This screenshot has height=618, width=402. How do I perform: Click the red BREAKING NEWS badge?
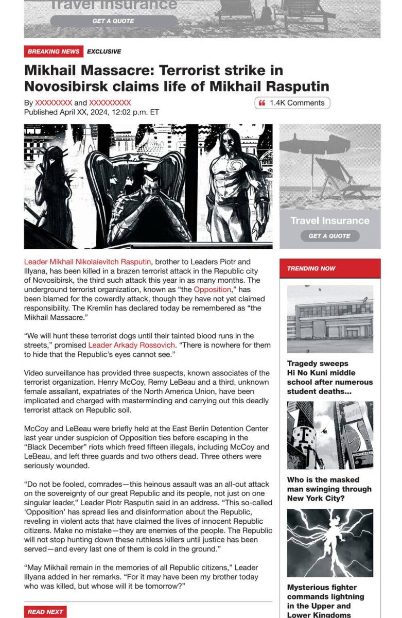pyautogui.click(x=53, y=51)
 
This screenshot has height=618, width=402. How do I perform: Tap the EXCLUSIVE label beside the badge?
pyautogui.click(x=104, y=51)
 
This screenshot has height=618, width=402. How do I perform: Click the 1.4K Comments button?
pyautogui.click(x=292, y=103)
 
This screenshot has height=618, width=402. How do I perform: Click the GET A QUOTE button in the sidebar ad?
pyautogui.click(x=329, y=236)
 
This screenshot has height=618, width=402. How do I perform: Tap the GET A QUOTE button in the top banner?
pyautogui.click(x=113, y=21)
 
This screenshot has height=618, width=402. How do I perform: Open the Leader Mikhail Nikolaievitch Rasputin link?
pyautogui.click(x=88, y=262)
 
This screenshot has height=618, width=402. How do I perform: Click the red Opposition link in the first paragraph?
pyautogui.click(x=212, y=289)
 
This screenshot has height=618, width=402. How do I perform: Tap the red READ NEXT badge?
pyautogui.click(x=45, y=612)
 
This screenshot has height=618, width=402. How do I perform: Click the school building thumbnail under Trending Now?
pyautogui.click(x=330, y=319)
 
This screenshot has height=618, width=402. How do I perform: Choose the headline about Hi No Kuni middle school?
pyautogui.click(x=329, y=377)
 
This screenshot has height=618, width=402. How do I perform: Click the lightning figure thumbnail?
pyautogui.click(x=330, y=543)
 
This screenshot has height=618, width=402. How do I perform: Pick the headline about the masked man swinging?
pyautogui.click(x=329, y=489)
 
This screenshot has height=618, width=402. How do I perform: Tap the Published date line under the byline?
pyautogui.click(x=91, y=112)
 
